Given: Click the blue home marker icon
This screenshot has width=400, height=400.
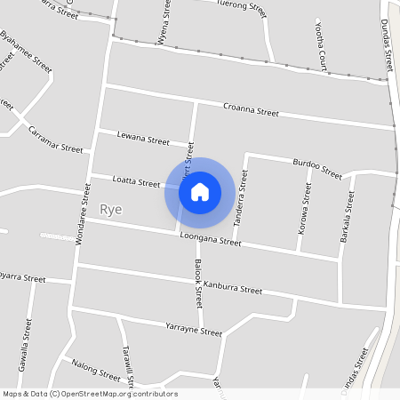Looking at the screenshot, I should [x=200, y=192].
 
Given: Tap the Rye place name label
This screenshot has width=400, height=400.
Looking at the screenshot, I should [x=111, y=211].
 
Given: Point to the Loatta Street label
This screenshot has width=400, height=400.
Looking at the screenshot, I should [x=136, y=181].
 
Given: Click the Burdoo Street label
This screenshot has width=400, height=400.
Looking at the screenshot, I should [x=317, y=168].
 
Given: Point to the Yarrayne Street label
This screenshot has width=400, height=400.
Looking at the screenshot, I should [x=194, y=330].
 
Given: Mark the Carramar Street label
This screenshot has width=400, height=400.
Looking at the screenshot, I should [x=55, y=140].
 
